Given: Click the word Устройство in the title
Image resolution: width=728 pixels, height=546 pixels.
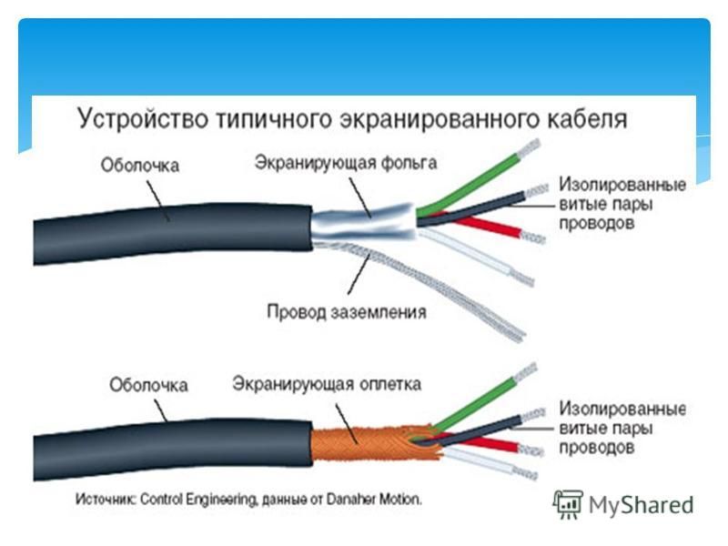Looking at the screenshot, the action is [143, 119].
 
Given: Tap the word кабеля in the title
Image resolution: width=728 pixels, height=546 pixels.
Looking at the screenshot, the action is [586, 118].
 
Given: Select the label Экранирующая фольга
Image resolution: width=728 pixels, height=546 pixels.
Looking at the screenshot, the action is [346, 164].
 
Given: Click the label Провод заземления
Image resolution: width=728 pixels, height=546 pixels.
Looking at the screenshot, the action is [347, 311].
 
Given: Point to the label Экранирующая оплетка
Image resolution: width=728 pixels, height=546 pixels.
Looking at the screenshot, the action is [327, 384].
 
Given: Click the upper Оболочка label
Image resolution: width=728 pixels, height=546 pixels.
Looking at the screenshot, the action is [140, 166].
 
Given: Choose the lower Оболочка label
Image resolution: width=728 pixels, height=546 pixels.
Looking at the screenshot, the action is [148, 385].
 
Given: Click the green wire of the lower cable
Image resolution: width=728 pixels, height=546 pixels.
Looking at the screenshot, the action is [473, 404].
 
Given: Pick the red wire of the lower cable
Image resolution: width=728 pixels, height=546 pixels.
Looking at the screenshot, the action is [483, 441].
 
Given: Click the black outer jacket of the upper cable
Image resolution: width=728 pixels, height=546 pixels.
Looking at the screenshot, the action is [173, 234].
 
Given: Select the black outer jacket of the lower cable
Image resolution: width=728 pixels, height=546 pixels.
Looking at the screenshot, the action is [173, 450].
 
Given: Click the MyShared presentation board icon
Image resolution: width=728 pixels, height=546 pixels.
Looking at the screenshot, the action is [568, 504].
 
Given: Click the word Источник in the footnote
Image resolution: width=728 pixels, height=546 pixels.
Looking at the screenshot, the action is [106, 500].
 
